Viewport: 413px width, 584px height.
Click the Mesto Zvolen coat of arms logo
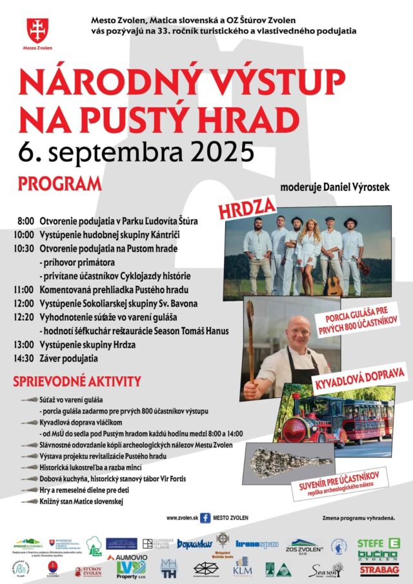pos(37,30)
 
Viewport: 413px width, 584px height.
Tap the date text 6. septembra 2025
pos(136,152)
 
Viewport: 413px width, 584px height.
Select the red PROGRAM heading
pos(60,183)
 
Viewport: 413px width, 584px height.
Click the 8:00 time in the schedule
pos(26,221)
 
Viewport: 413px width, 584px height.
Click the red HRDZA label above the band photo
pos(247,208)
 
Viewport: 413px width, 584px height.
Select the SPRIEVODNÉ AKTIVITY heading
pos(77,381)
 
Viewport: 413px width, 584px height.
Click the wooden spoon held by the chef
pos(250,342)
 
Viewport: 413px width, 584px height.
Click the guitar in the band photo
pos(334,281)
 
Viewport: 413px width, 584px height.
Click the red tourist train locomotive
pos(303,423)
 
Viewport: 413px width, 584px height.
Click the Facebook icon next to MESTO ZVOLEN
pos(205,518)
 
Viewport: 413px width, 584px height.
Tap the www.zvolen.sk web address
pos(181,518)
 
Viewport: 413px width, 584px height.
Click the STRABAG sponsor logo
pos(378,570)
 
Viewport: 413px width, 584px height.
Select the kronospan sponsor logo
pos(257,545)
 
